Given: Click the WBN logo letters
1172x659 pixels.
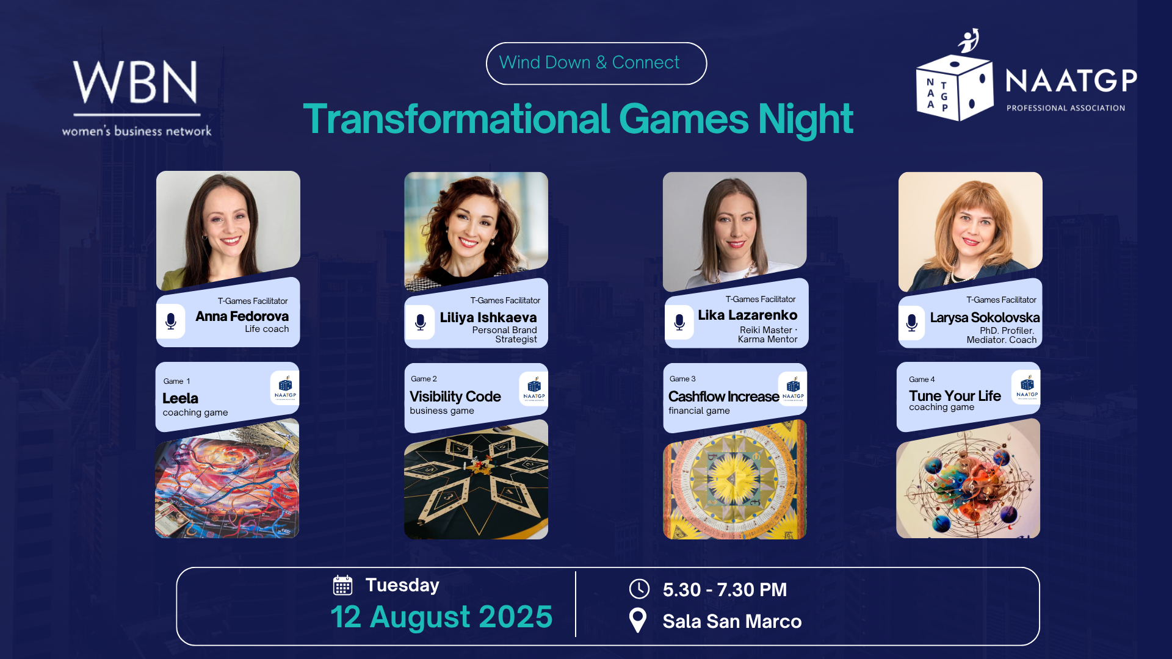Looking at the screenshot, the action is coord(136,82).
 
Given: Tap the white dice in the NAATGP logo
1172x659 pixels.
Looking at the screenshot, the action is coord(955,88).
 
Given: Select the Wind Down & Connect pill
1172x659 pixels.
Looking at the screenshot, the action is coord(596,63).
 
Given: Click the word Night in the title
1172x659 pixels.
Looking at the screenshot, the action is coord(805,119).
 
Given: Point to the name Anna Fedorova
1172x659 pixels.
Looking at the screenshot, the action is coord(242,316).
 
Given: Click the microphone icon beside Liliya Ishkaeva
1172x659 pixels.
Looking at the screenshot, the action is coord(420,322).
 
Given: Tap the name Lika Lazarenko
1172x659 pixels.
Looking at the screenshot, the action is coord(747,315).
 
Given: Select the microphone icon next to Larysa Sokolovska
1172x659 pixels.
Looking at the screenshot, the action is coord(911,322).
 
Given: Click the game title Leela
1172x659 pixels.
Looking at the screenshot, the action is coord(180,398).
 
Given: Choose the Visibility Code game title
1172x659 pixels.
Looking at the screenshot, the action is coord(455,397).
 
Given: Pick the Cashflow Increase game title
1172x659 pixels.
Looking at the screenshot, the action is coord(723,397).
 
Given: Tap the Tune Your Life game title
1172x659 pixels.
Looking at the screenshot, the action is coord(955,396).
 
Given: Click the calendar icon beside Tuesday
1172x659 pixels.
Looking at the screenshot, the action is coord(343,585).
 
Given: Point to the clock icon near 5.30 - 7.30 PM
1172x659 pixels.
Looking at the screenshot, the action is coord(639,589).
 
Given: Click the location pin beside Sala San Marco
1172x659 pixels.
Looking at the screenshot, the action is coord(638,621).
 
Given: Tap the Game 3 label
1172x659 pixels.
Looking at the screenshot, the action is coord(682,379).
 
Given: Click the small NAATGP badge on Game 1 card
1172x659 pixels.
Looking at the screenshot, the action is coord(285,387).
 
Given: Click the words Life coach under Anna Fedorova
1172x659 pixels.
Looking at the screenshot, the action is coord(267,329).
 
